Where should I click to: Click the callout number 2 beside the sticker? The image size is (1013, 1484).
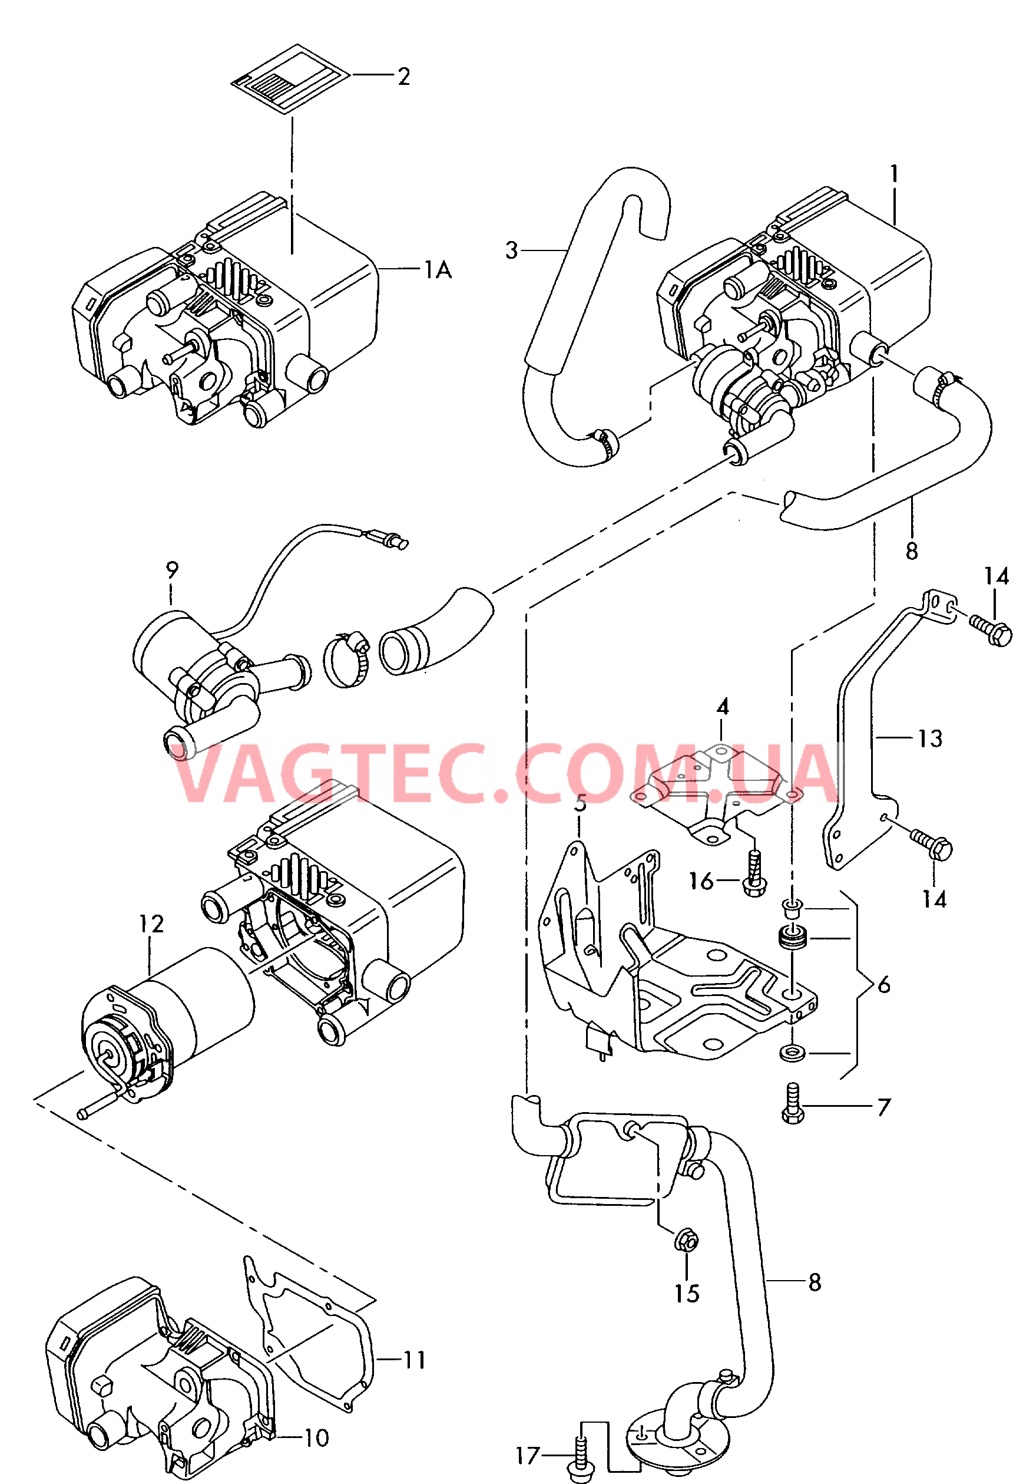pyautogui.click(x=403, y=77)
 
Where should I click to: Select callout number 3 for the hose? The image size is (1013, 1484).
pyautogui.click(x=511, y=250)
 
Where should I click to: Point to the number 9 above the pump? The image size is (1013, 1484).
pyautogui.click(x=172, y=569)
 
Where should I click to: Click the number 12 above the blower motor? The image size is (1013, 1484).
pyautogui.click(x=151, y=924)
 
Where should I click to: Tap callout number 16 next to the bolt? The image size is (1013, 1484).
pyautogui.click(x=701, y=881)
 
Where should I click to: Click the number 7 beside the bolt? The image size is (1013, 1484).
pyautogui.click(x=883, y=1107)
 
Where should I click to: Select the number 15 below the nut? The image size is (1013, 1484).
pyautogui.click(x=687, y=1294)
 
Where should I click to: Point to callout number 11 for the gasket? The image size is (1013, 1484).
pyautogui.click(x=414, y=1360)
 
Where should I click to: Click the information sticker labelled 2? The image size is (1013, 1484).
pyautogui.click(x=290, y=78)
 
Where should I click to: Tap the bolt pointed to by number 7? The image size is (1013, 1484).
pyautogui.click(x=793, y=1103)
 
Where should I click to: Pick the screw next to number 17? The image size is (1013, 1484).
pyautogui.click(x=580, y=1459)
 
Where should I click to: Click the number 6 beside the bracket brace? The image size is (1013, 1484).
pyautogui.click(x=884, y=985)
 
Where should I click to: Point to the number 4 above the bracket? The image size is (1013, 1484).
pyautogui.click(x=723, y=707)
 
